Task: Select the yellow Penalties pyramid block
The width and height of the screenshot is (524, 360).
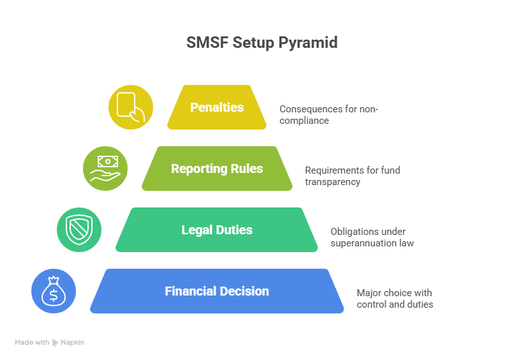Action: tap(217, 107)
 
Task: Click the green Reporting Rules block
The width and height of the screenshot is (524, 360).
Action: tap(217, 169)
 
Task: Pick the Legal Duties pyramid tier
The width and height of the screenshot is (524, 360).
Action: tap(217, 230)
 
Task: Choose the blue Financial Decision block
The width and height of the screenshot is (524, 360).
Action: tap(217, 291)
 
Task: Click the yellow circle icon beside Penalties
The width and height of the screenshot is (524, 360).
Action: tap(131, 107)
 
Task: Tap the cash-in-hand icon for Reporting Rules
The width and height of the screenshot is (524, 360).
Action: tap(105, 169)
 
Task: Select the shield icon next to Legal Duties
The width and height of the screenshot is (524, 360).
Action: tap(79, 230)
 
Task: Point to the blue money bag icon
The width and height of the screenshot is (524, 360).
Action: tap(54, 291)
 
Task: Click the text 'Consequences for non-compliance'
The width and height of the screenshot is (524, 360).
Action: tap(329, 114)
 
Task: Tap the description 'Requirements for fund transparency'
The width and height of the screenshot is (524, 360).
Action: tap(352, 176)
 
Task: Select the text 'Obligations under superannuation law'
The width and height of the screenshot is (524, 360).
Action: tap(372, 237)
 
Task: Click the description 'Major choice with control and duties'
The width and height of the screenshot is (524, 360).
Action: tap(394, 298)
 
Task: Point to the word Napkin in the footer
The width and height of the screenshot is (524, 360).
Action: tap(73, 343)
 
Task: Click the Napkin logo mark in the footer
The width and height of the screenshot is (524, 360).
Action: tap(56, 343)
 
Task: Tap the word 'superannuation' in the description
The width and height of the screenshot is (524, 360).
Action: tap(360, 243)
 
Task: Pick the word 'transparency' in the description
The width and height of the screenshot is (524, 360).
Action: tap(333, 182)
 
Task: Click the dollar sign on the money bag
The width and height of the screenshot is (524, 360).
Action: tap(54, 295)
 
